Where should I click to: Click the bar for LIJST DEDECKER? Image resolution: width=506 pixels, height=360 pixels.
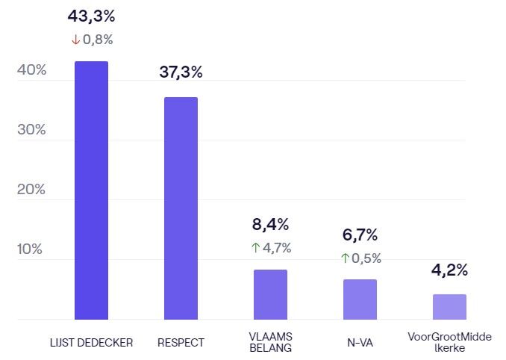tap(91, 190)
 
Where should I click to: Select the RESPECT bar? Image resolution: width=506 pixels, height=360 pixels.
tap(181, 208)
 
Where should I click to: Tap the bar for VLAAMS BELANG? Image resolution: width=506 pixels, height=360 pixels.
tap(270, 294)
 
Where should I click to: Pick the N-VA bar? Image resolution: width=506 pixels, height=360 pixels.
tap(360, 300)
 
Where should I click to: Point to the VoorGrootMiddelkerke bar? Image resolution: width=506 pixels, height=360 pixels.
tap(449, 307)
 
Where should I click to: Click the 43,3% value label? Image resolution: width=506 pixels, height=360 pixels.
tap(91, 16)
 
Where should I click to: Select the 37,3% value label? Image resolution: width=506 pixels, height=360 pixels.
tap(181, 72)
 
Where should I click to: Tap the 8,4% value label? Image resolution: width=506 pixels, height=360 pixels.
tap(270, 224)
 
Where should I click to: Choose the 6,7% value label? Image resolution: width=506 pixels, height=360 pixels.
tap(360, 235)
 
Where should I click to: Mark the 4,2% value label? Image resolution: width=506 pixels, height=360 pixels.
tap(449, 270)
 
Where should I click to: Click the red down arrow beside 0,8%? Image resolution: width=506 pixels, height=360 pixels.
tap(75, 40)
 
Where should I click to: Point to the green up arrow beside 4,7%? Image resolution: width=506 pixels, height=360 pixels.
tap(254, 248)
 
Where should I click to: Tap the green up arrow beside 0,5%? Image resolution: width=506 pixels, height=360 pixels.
tap(345, 258)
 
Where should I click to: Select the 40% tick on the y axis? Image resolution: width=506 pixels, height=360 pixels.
tap(31, 70)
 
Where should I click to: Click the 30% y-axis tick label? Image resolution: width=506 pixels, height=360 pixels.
tap(31, 130)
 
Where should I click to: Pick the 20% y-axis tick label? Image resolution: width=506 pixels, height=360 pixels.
tap(31, 190)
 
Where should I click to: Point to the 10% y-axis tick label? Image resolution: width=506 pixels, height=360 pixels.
tap(31, 249)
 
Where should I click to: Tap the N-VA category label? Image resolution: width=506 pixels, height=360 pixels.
tap(360, 343)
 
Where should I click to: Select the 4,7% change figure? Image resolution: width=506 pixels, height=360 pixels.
tap(277, 248)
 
